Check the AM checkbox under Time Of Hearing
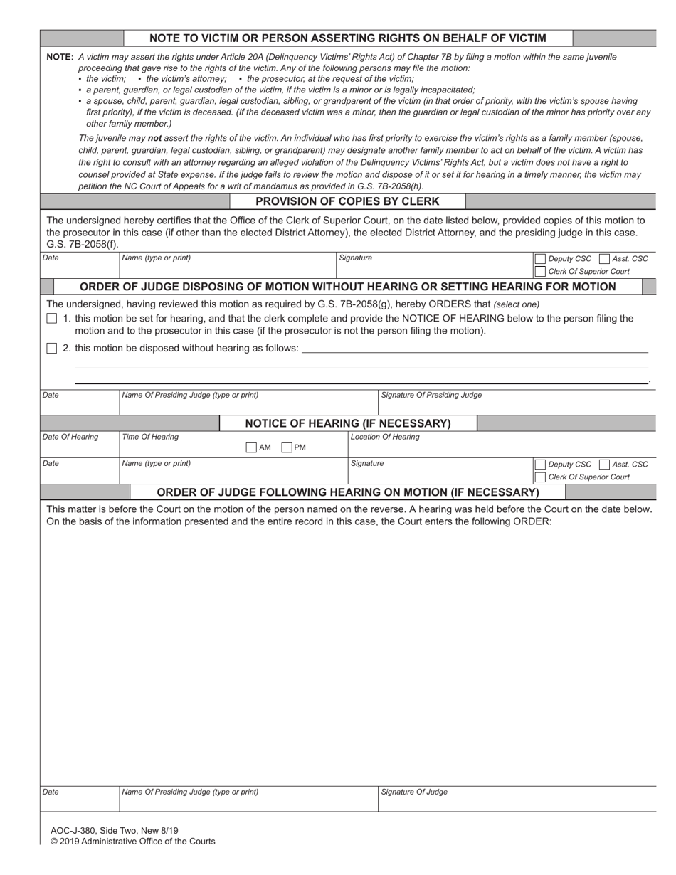pyautogui.click(x=250, y=448)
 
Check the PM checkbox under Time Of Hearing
pyautogui.click(x=287, y=448)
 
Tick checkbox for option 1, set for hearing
pyautogui.click(x=51, y=319)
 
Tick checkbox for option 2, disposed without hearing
pyautogui.click(x=51, y=349)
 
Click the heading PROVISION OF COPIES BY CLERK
pyautogui.click(x=347, y=201)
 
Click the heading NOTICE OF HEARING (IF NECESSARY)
pyautogui.click(x=347, y=423)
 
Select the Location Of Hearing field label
pyautogui.click(x=385, y=437)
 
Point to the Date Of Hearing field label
pyautogui.click(x=70, y=437)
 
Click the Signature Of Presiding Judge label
pyautogui.click(x=431, y=395)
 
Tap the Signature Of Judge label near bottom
pyautogui.click(x=414, y=792)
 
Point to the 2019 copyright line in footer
pyautogui.click(x=132, y=842)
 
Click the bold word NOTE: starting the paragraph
pyautogui.click(x=60, y=57)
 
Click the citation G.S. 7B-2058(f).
pyautogui.click(x=82, y=244)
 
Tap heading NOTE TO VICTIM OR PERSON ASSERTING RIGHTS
pyautogui.click(x=347, y=38)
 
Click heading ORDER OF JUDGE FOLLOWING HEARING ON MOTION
pyautogui.click(x=347, y=492)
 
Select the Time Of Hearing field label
pyautogui.click(x=150, y=437)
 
